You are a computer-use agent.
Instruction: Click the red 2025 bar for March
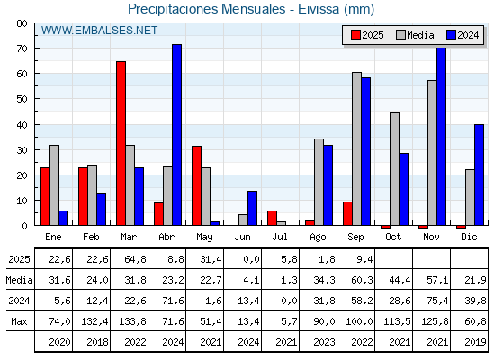[121, 143]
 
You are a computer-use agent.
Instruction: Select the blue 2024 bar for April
[176, 135]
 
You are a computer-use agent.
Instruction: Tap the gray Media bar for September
[356, 148]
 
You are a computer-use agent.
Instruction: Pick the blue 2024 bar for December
[479, 175]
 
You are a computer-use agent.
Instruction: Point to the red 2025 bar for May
[197, 185]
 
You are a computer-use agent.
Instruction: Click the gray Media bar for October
[395, 169]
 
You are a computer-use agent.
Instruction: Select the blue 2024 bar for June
[252, 208]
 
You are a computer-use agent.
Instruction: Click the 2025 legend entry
[367, 35]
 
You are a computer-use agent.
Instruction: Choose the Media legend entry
[415, 35]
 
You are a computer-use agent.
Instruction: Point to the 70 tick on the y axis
[22, 49]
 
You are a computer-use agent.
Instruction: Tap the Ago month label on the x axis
[318, 238]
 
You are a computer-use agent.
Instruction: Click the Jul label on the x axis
[280, 237]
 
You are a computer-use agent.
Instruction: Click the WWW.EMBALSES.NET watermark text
[99, 31]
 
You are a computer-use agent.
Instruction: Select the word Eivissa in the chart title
[319, 9]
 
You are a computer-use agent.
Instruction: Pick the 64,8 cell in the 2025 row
[135, 259]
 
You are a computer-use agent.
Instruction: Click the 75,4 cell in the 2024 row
[437, 301]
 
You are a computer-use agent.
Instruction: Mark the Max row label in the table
[19, 321]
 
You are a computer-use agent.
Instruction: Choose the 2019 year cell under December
[475, 342]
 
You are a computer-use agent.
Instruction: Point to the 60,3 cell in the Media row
[362, 280]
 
